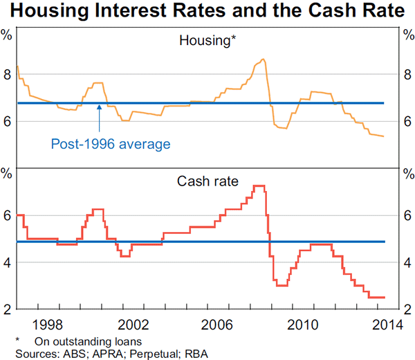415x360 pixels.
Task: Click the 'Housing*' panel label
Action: point(207,41)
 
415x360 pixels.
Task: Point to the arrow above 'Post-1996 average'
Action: point(100,118)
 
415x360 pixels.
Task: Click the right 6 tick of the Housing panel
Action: point(407,121)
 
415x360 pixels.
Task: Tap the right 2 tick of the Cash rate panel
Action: point(407,309)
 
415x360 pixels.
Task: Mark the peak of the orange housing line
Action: point(263,60)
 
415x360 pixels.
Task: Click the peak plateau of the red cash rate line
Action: point(259,186)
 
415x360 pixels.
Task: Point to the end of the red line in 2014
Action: point(384,297)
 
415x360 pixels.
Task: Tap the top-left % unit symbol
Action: point(7,34)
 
